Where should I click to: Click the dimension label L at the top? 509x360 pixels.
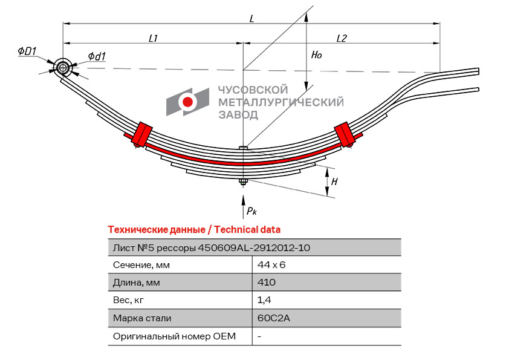[x=251, y=18]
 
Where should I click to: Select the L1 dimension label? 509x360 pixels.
[x=154, y=38]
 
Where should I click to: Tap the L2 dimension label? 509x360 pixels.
[x=341, y=38]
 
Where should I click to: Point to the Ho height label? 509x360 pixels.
[x=316, y=54]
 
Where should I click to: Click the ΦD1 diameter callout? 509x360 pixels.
[x=28, y=52]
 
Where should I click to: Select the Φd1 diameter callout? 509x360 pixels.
[x=97, y=56]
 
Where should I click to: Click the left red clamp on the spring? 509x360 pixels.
[x=143, y=134]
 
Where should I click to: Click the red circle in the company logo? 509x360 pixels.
[x=188, y=102]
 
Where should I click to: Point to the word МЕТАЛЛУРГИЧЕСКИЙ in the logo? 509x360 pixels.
[x=280, y=102]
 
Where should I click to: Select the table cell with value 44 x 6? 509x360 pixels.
[x=271, y=265]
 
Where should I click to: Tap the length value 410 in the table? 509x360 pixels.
[x=266, y=283]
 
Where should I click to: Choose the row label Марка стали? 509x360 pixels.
[x=142, y=318]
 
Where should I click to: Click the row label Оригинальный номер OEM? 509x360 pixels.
[x=174, y=336]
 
